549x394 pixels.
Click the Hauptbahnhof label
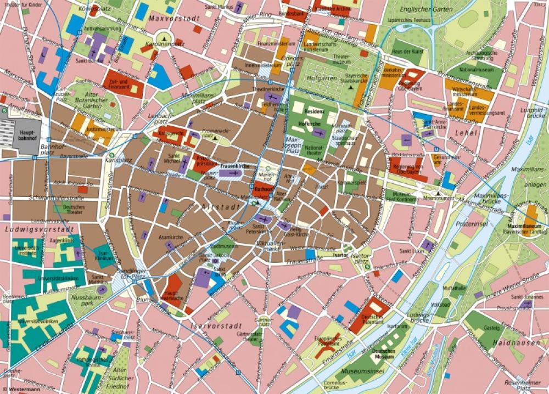click(26, 135)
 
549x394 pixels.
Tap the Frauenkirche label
click(235, 166)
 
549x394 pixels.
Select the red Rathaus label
click(263, 189)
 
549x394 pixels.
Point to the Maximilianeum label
click(524, 227)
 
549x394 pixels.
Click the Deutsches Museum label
click(383, 353)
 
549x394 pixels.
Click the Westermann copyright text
click(20, 390)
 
